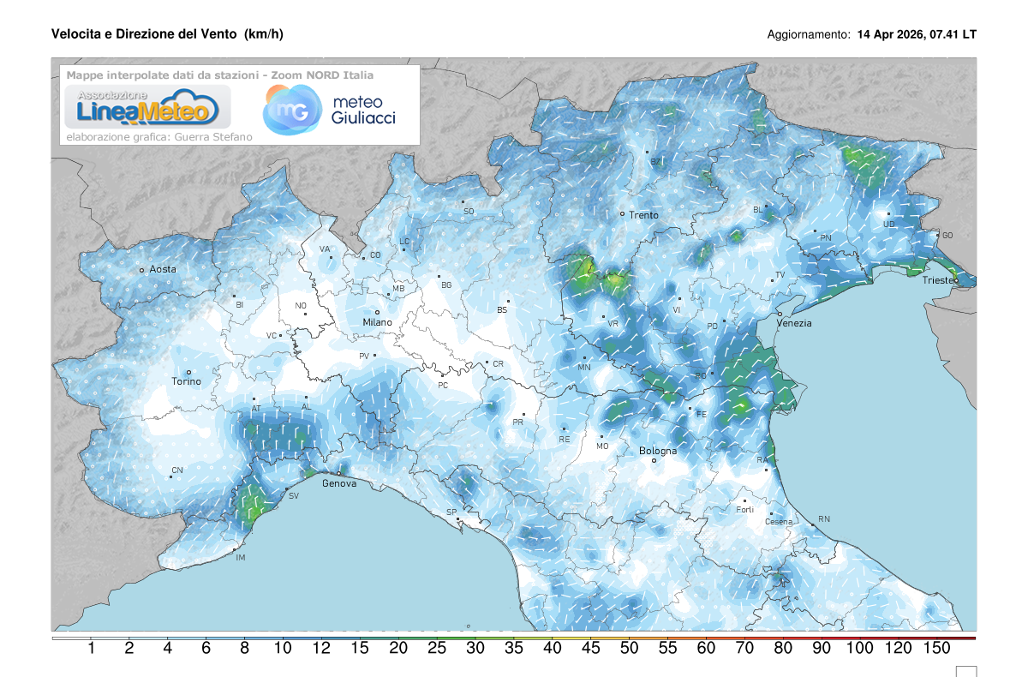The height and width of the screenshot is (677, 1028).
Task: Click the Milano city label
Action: [x=377, y=322]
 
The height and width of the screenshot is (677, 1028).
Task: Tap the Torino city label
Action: [x=186, y=381]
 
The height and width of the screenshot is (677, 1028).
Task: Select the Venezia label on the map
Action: [x=794, y=323]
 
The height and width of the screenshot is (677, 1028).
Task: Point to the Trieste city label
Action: [x=939, y=281]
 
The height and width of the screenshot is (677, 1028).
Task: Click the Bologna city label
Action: [x=658, y=451]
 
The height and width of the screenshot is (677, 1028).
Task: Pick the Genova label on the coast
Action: [x=339, y=483]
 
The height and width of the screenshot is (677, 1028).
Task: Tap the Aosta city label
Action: [x=163, y=269]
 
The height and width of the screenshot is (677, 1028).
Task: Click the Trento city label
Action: [x=643, y=215]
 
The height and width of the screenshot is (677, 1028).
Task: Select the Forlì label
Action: [x=745, y=510]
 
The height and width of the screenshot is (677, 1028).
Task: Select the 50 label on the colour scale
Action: [x=629, y=649]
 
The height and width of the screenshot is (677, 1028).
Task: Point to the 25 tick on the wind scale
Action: [x=437, y=649]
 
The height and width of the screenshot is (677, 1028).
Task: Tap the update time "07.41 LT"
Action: [x=952, y=35]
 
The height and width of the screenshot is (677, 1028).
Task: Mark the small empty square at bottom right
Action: [x=966, y=671]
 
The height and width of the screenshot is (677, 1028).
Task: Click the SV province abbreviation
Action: [x=294, y=496]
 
